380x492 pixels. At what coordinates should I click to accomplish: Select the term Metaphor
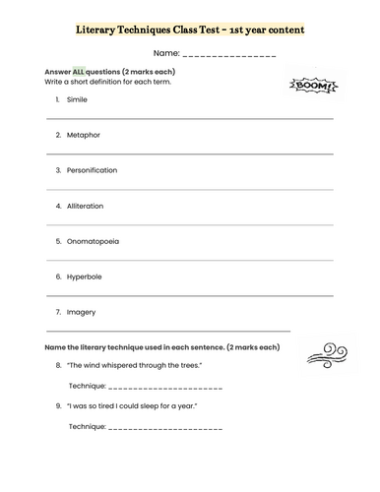click(86, 135)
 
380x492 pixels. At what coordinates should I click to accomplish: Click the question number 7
click(58, 312)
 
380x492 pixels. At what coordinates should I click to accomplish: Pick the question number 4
click(58, 206)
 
